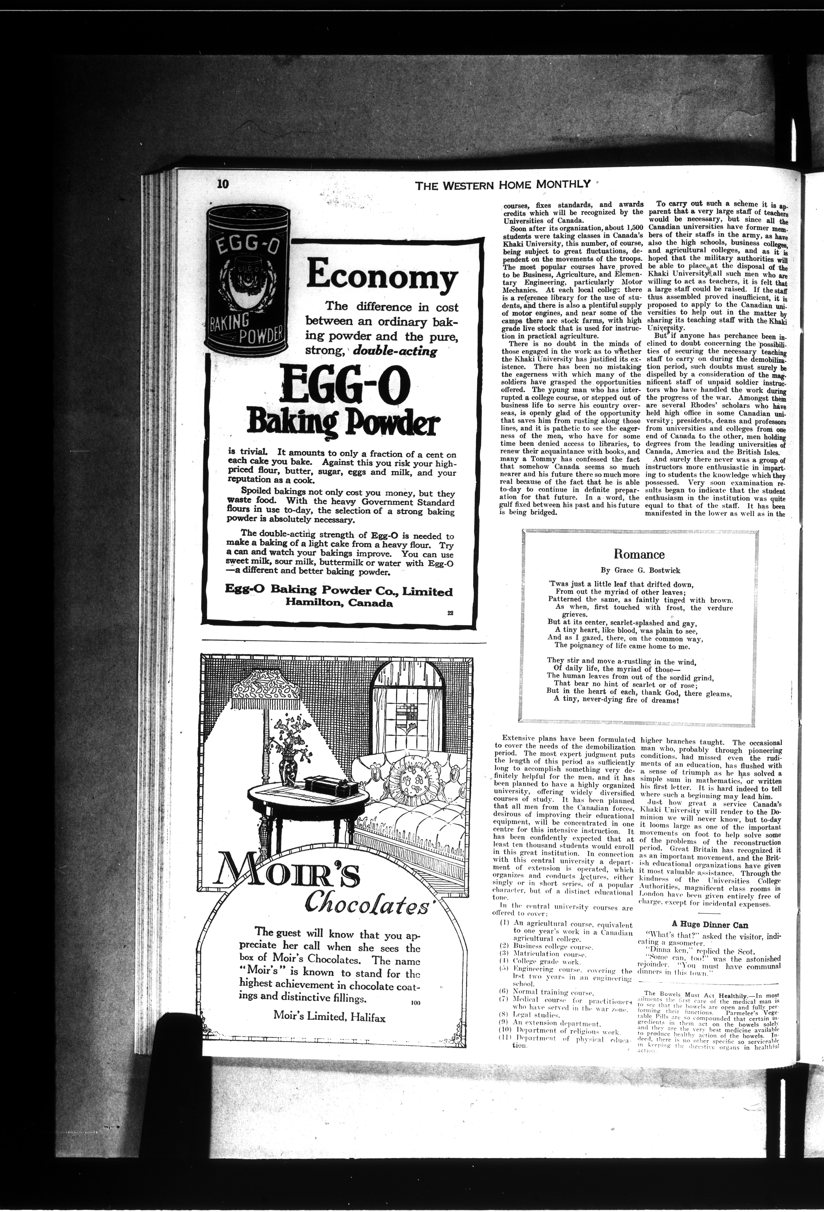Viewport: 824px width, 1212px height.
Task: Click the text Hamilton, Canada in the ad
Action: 339,603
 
